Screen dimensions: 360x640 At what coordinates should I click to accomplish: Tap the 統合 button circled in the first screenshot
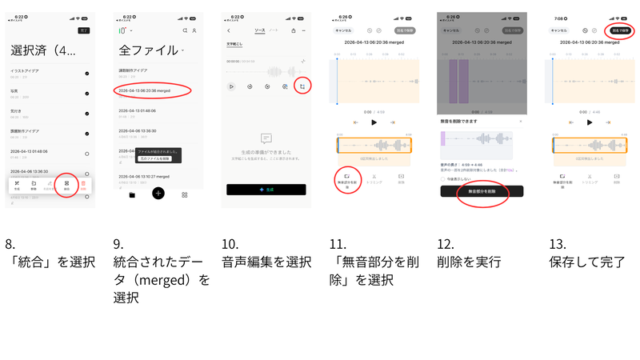tap(66, 185)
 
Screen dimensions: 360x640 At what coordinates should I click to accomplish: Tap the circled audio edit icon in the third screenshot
tap(302, 86)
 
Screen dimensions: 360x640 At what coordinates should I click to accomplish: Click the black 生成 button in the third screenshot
tap(266, 190)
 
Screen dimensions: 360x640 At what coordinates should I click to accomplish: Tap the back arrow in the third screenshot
tap(229, 30)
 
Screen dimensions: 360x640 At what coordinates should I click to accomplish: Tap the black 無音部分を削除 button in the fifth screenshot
tap(481, 192)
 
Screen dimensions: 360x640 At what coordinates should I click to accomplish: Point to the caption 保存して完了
tap(587, 262)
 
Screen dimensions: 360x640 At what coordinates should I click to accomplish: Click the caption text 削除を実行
tap(469, 262)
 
